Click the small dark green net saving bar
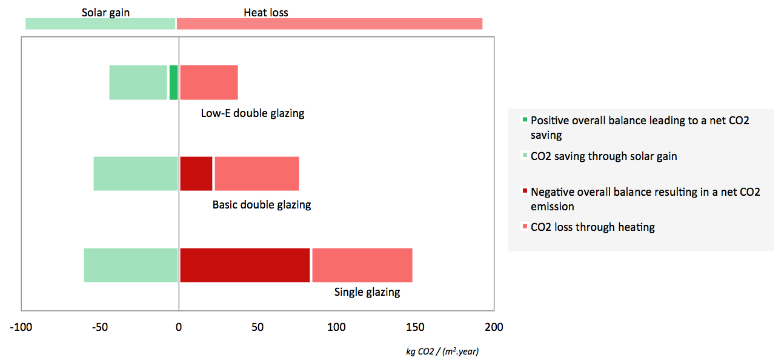click(x=173, y=82)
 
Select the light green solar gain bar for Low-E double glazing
click(x=138, y=82)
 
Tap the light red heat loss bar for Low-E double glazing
click(x=209, y=82)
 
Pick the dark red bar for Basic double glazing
click(x=196, y=173)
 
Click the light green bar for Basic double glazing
click(x=136, y=173)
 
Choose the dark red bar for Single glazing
click(x=245, y=265)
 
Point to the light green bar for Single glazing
click(x=131, y=265)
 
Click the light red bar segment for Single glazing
click(x=362, y=265)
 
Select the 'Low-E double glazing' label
click(x=253, y=113)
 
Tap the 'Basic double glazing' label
click(x=262, y=205)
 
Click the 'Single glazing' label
click(x=367, y=292)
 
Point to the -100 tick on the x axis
click(x=21, y=327)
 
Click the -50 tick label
click(x=100, y=327)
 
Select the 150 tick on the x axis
click(x=416, y=327)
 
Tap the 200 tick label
click(x=494, y=327)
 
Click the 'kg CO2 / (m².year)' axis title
click(x=442, y=352)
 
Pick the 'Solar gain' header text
click(x=105, y=12)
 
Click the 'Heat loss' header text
click(x=266, y=12)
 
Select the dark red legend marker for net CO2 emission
click(x=525, y=192)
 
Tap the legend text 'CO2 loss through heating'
click(x=593, y=227)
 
